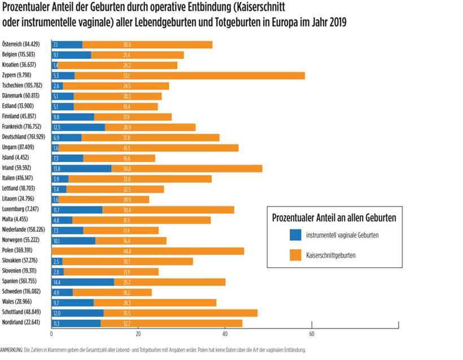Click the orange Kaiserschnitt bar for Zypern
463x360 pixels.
pyautogui.click(x=189, y=75)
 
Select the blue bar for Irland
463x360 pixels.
pyautogui.click(x=81, y=168)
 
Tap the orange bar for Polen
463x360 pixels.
pyautogui.click(x=148, y=251)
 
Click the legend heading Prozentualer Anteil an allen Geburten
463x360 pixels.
pyautogui.click(x=334, y=217)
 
